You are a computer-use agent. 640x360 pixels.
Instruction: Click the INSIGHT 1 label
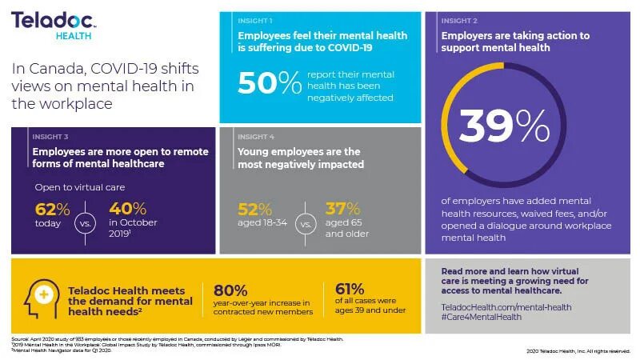click(255, 19)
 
